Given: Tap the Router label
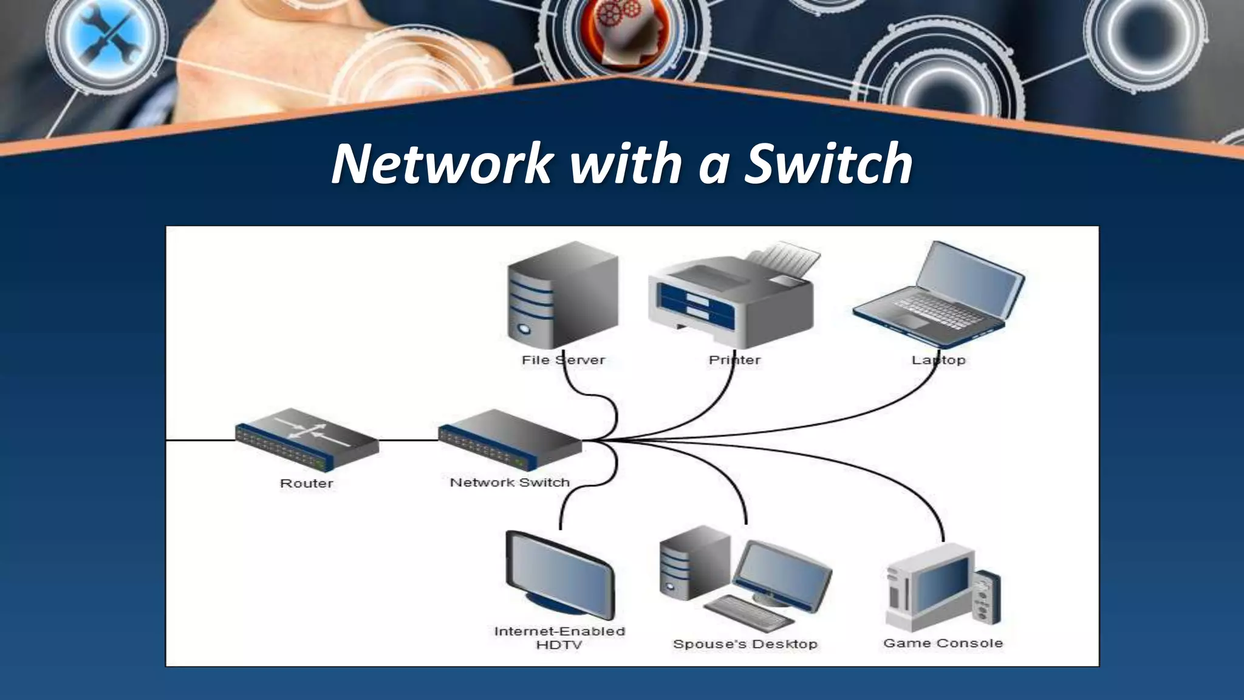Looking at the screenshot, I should [306, 484].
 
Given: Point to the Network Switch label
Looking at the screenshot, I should [510, 482].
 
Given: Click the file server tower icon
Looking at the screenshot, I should [562, 295].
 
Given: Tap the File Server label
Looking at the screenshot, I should [563, 360].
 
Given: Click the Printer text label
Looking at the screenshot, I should [734, 360].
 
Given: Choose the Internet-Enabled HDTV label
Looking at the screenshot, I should [559, 638].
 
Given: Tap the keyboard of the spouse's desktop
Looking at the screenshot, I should [747, 614].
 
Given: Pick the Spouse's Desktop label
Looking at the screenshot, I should [745, 644].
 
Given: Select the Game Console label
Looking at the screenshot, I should [943, 643].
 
